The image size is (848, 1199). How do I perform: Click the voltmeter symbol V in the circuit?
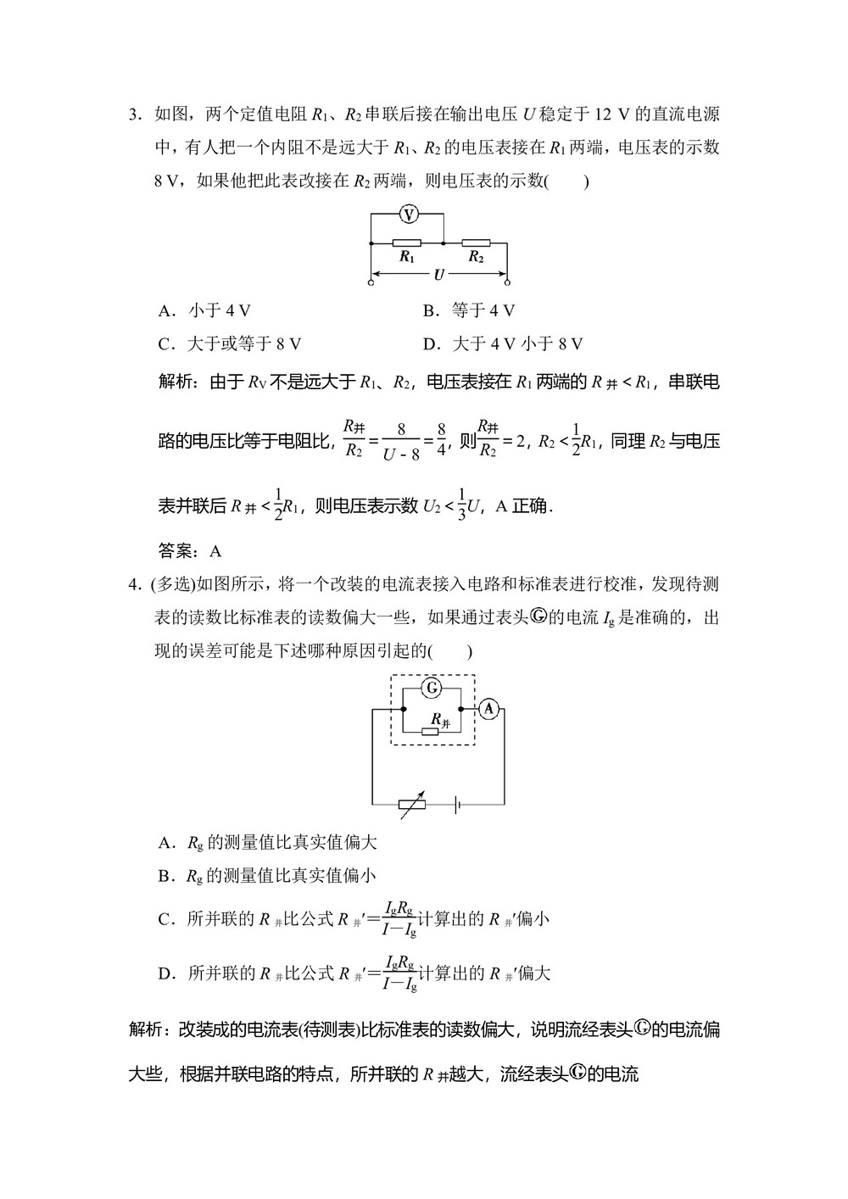pyautogui.click(x=409, y=215)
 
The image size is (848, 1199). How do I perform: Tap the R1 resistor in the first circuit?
pyautogui.click(x=407, y=243)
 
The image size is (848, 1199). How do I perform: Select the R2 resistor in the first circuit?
pyautogui.click(x=476, y=243)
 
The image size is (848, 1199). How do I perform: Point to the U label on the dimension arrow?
pyautogui.click(x=438, y=275)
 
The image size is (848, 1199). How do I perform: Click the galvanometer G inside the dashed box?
pyautogui.click(x=431, y=688)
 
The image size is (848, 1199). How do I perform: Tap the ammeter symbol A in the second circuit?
pyautogui.click(x=488, y=710)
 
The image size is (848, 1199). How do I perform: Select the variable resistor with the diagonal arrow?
pyautogui.click(x=413, y=806)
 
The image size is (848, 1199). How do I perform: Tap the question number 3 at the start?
pyautogui.click(x=133, y=114)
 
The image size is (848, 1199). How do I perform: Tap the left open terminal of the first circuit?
pyautogui.click(x=371, y=281)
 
